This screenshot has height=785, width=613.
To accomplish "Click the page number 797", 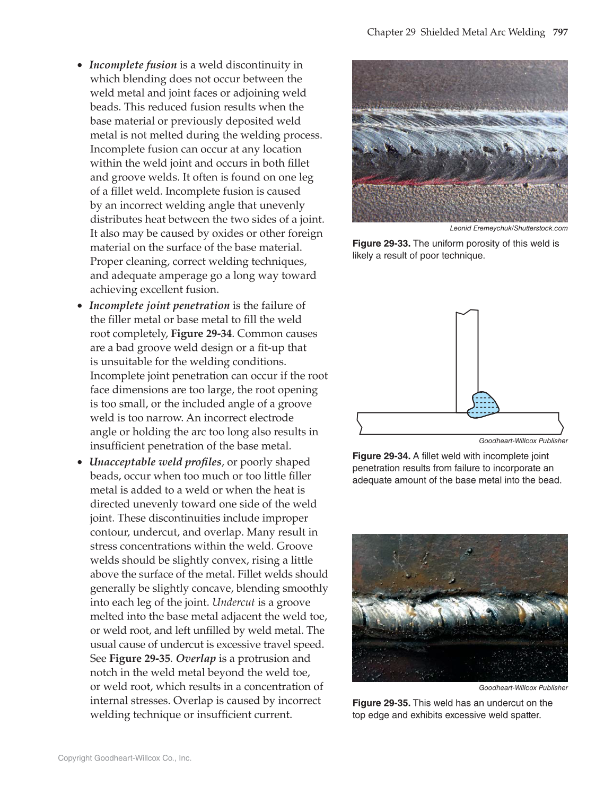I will tap(560, 32).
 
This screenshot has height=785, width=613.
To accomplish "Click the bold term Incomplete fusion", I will tap(133, 65).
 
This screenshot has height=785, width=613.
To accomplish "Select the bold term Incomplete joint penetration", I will tap(159, 306).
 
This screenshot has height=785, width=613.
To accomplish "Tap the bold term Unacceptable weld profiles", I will tap(155, 462).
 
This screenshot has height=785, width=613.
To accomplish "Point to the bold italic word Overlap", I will tap(196, 659).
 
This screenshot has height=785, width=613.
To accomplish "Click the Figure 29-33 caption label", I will tap(381, 244).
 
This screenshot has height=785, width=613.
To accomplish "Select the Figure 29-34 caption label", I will tap(381, 456).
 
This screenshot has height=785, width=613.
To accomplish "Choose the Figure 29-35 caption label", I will tap(381, 703).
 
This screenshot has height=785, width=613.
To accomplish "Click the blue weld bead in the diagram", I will tap(484, 405).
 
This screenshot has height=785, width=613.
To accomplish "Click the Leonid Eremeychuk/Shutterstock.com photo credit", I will tap(508, 229).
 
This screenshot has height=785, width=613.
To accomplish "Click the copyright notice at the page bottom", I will tap(125, 758).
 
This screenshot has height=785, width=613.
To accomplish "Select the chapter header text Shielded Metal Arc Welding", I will tap(483, 32).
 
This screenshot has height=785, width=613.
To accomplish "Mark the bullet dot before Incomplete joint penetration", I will tap(80, 306).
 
